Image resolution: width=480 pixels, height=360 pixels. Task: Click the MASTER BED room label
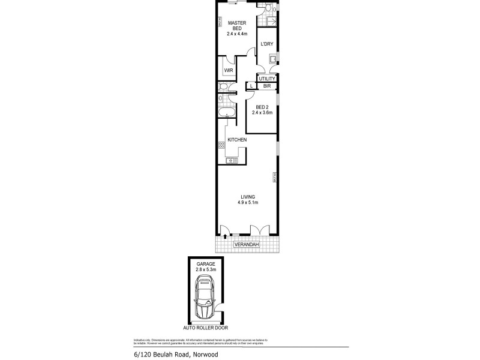point(237,26)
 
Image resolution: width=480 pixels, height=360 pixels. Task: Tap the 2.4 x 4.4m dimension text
point(237,34)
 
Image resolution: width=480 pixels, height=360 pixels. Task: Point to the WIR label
point(229,70)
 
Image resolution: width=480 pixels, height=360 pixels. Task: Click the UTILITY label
point(267,79)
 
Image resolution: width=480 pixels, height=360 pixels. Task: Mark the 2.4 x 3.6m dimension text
point(262,113)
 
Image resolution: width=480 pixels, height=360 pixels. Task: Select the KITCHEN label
point(237,140)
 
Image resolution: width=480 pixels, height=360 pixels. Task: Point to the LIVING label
point(248,196)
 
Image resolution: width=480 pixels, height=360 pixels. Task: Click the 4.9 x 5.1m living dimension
point(248,203)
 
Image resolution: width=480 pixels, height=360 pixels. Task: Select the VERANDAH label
point(247,245)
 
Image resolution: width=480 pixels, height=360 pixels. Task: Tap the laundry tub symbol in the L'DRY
point(273,59)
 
